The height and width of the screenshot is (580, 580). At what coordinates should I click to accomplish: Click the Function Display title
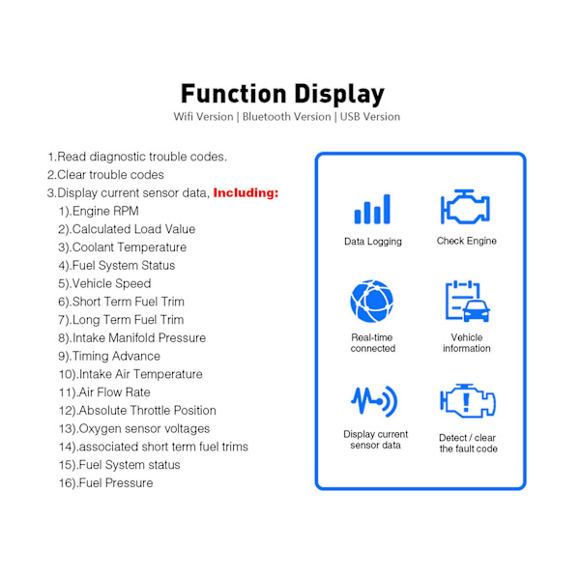(x=283, y=94)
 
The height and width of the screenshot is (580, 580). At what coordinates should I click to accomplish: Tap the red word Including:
(x=246, y=192)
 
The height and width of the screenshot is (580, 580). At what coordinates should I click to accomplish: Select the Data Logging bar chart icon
(x=372, y=209)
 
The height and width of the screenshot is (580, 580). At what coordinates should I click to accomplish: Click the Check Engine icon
(x=465, y=207)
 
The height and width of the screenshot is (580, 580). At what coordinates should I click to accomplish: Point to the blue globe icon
(x=372, y=301)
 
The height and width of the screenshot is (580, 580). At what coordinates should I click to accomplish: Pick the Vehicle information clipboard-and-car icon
(x=468, y=301)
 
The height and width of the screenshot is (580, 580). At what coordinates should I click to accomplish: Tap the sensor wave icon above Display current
(x=374, y=401)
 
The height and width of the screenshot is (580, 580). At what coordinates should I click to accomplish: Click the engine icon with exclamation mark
(x=468, y=401)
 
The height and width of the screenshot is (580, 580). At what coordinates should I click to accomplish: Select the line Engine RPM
(x=99, y=211)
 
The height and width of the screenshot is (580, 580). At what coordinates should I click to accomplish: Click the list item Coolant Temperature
(x=122, y=247)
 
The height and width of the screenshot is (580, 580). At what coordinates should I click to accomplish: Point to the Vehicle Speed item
(x=104, y=283)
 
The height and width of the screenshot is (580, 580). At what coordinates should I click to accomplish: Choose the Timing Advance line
(x=109, y=356)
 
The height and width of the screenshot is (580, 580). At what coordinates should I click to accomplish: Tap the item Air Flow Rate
(x=104, y=392)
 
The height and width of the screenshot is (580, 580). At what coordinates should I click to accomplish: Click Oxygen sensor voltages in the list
(x=134, y=428)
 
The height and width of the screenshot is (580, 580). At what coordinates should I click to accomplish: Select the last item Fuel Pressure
(x=105, y=482)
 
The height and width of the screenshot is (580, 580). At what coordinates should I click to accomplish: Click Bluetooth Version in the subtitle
(x=287, y=117)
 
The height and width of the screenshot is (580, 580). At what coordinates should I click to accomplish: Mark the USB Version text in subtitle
(x=370, y=117)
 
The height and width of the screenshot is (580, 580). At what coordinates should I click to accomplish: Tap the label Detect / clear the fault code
(x=468, y=443)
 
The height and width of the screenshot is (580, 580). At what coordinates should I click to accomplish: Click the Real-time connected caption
(x=373, y=343)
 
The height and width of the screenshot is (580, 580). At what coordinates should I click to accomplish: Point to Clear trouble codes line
(x=105, y=175)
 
